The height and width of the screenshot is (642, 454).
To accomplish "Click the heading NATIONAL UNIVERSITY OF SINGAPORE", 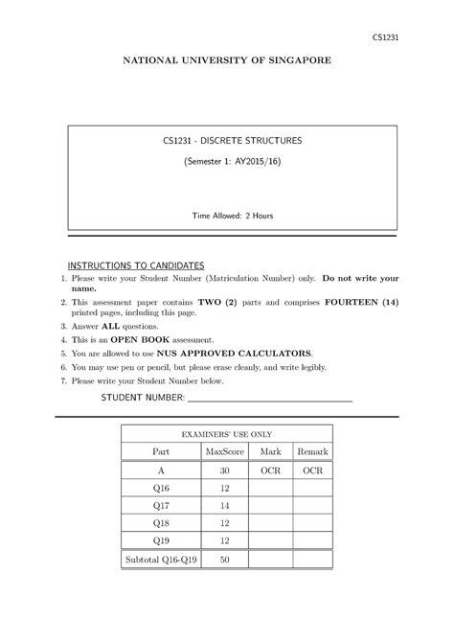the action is [x=226, y=60].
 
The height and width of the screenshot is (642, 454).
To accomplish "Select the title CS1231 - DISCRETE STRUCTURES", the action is [x=231, y=141].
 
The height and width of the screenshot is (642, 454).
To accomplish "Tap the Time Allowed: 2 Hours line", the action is [x=231, y=216].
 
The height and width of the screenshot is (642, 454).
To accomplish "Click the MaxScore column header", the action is [x=224, y=451].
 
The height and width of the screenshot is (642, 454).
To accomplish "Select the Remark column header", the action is [x=312, y=451].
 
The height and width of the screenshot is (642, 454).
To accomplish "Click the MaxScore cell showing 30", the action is [x=224, y=471].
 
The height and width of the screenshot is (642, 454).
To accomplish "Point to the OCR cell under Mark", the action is [x=270, y=471].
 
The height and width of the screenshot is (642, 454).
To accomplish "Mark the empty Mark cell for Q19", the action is [x=270, y=540].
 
